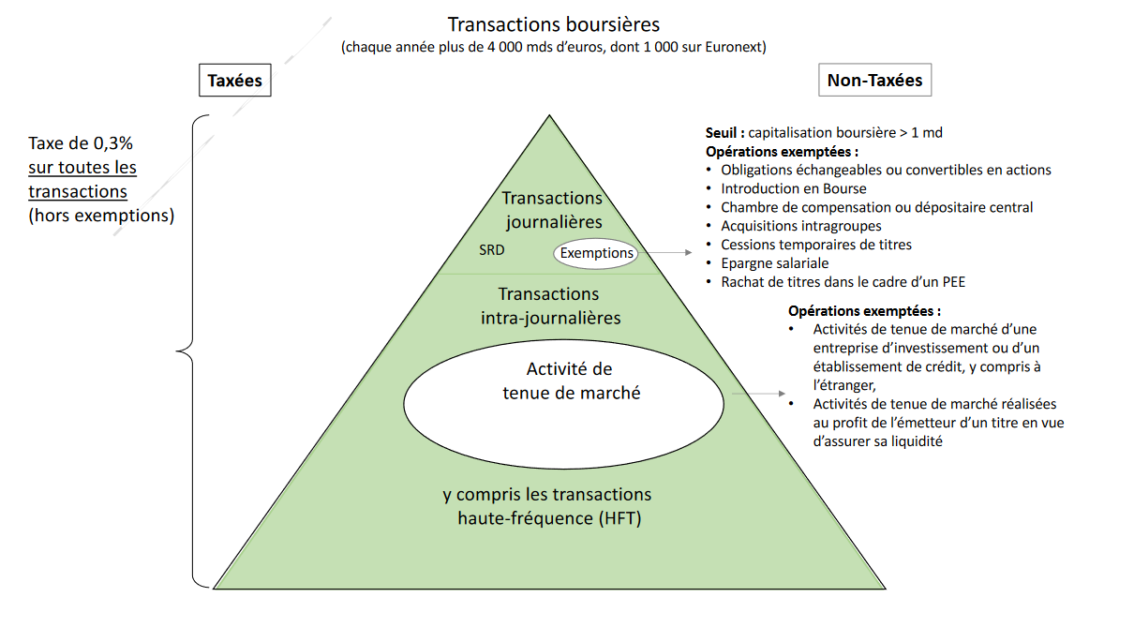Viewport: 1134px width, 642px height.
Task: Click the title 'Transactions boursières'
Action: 553,23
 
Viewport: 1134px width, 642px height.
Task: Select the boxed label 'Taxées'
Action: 234,81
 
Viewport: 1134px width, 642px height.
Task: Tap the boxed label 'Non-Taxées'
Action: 874,81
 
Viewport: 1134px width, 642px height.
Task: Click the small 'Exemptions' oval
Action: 597,253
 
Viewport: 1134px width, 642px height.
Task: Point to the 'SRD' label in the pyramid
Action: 492,251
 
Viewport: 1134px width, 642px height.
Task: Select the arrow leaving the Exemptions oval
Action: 667,253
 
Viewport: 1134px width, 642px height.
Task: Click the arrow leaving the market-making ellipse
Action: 755,395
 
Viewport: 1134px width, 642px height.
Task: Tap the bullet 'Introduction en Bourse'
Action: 793,188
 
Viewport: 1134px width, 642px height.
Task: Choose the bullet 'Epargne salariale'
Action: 774,263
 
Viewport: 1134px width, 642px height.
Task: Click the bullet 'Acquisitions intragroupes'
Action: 800,226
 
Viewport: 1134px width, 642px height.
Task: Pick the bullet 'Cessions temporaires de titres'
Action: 815,245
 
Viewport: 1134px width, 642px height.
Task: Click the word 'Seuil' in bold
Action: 723,133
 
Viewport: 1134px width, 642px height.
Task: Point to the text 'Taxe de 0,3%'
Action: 81,144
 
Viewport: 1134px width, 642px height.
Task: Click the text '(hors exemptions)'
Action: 101,215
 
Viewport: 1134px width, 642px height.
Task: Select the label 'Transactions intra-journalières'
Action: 550,306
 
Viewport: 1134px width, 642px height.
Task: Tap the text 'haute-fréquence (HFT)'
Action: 548,518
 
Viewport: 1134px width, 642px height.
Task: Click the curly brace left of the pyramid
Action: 193,351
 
